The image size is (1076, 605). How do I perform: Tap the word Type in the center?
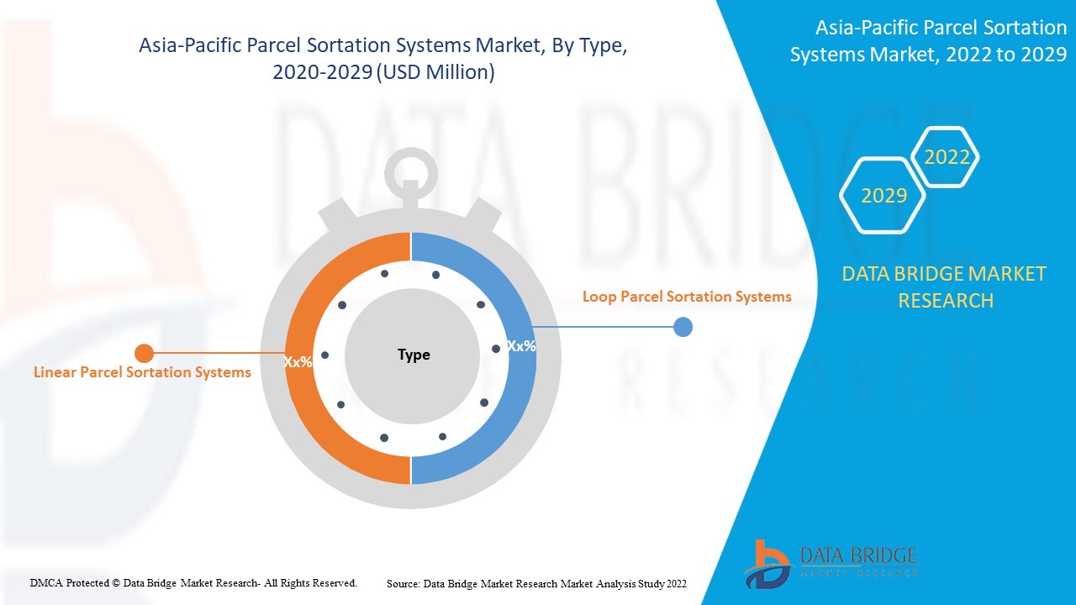pos(414,355)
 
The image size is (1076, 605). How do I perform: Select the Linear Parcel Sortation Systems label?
pos(142,372)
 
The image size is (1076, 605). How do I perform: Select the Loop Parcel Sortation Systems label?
pos(687,297)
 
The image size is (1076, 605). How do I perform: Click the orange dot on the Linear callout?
pos(145,353)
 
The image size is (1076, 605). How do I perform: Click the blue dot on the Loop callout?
pos(683,327)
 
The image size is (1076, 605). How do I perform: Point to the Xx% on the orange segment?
pos(298,362)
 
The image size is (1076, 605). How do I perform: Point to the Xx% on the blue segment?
pos(521,345)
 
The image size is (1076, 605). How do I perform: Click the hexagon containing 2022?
pos(947,157)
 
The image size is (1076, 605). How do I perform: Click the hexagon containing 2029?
pos(883,196)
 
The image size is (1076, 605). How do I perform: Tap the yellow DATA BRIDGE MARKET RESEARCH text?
pos(944,287)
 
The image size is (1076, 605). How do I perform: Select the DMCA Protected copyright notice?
pos(193,582)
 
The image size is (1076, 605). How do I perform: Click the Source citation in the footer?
pos(536,583)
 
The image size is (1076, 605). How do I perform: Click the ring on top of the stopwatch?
pos(410,173)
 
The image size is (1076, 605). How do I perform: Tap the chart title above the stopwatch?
pos(383,59)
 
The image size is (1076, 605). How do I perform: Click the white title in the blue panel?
pos(928,41)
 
